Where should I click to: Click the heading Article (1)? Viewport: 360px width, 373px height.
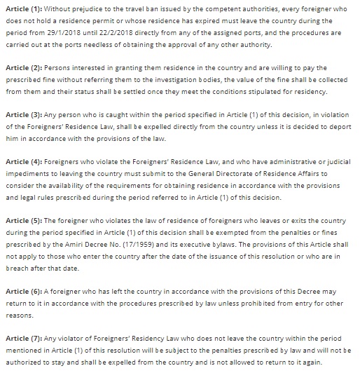(22, 8)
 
